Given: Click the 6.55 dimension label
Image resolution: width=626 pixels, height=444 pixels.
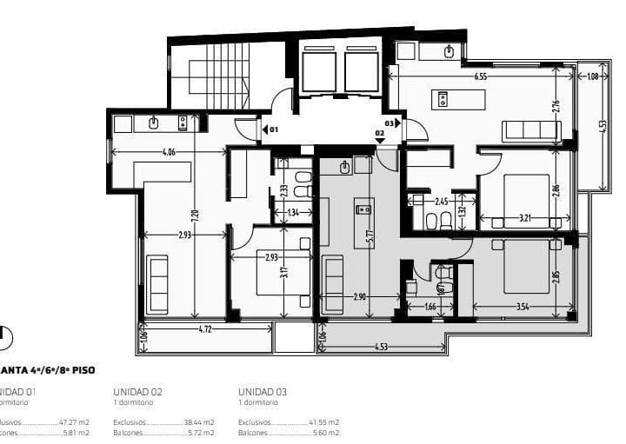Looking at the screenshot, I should click(480, 76).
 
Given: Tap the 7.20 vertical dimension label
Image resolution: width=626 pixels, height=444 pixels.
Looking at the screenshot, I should click(196, 214).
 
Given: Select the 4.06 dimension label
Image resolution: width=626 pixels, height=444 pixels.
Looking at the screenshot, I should click(169, 153).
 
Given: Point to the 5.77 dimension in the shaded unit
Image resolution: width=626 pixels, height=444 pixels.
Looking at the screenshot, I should click(370, 234).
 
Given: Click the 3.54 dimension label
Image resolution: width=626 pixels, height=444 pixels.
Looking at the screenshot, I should click(523, 307).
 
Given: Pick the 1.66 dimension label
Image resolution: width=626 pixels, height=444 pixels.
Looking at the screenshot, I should click(430, 307).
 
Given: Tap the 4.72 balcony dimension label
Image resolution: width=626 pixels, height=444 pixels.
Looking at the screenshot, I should click(205, 329).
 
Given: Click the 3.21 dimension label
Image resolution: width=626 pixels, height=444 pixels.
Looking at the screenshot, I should click(525, 216).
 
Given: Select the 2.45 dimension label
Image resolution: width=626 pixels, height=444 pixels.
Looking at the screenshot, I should click(442, 202).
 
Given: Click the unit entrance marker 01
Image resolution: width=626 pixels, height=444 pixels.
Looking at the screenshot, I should click(272, 129).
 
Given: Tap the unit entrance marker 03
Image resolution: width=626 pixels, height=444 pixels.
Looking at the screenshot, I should click(390, 123).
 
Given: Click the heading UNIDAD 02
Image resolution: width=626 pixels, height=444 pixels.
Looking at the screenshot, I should click(138, 392).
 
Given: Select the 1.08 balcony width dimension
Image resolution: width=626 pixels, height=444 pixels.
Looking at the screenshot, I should click(593, 76).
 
